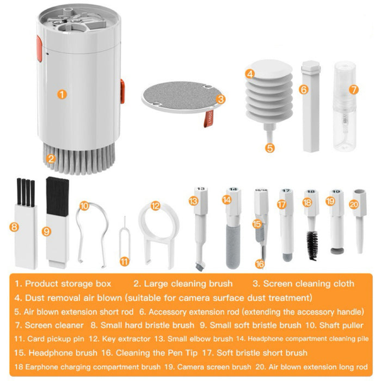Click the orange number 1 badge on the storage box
tap(62, 94)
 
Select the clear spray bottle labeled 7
tap(344, 109)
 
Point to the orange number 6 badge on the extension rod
tap(304, 89)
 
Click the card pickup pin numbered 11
tap(124, 244)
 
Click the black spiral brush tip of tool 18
tap(312, 245)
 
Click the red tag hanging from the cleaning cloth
tap(207, 117)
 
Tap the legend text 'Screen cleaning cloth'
tap(309, 283)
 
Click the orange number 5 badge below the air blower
tap(271, 146)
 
